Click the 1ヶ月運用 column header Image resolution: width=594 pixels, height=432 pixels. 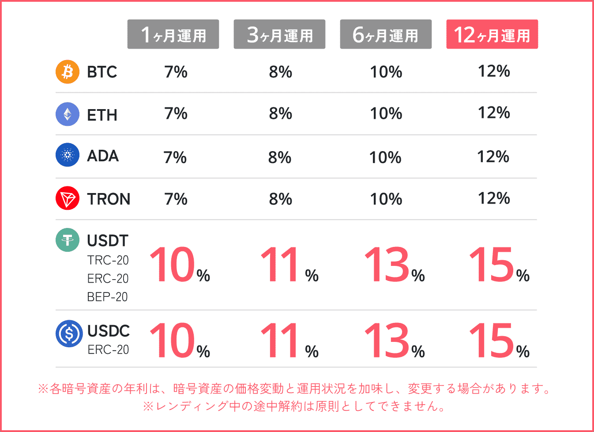173,34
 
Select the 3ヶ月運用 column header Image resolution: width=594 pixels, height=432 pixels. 279,34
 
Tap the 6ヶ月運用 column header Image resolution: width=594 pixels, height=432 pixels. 386,34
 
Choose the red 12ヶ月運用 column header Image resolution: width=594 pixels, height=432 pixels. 492,34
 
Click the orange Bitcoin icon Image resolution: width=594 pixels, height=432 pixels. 68,72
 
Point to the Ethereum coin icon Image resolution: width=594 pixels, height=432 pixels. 68,114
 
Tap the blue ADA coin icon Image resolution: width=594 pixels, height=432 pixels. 68,155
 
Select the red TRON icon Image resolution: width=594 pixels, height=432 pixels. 68,198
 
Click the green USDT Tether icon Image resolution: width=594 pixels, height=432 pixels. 68,240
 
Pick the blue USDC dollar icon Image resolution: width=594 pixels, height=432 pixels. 69,333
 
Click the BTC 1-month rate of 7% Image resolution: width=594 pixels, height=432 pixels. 176,72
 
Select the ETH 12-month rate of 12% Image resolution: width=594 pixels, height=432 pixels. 494,113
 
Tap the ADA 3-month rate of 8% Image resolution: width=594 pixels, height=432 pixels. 280,157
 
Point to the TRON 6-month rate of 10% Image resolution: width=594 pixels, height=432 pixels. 386,199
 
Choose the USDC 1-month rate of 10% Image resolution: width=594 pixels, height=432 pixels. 179,341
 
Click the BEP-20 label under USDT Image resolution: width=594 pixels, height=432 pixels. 107,297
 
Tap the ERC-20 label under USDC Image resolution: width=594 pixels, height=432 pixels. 108,349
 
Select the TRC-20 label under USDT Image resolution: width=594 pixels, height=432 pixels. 108,260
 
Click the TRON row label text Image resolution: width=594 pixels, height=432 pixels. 109,199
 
